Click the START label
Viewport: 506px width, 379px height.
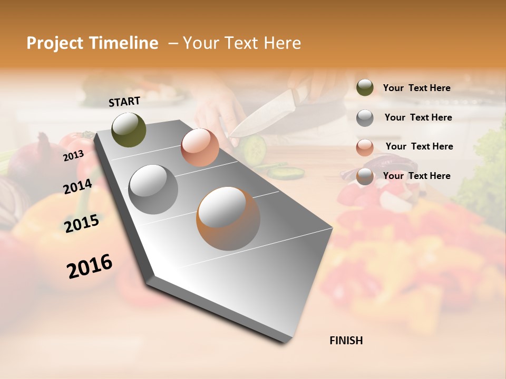click(x=124, y=102)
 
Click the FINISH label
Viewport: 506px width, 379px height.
click(x=346, y=341)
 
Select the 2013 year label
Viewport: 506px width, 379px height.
click(x=74, y=155)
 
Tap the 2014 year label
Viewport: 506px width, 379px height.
click(x=78, y=186)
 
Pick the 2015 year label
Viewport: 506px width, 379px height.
click(x=82, y=224)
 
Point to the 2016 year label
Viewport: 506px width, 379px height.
click(x=90, y=266)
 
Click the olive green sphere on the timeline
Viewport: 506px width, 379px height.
click(x=129, y=129)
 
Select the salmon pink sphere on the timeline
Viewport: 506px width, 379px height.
click(x=200, y=147)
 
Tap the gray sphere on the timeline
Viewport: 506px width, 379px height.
click(x=153, y=189)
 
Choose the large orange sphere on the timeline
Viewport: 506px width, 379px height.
click(x=228, y=218)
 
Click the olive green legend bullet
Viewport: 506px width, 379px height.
click(x=365, y=88)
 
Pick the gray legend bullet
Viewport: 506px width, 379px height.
click(x=365, y=118)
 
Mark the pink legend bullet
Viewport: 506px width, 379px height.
click(x=365, y=147)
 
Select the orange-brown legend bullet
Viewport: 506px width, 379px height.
click(x=365, y=177)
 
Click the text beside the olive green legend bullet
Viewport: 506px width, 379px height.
click(x=416, y=88)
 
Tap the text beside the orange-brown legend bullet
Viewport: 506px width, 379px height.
click(x=416, y=176)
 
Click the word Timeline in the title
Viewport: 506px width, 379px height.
click(x=123, y=43)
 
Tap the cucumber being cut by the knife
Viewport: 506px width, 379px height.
click(x=255, y=148)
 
